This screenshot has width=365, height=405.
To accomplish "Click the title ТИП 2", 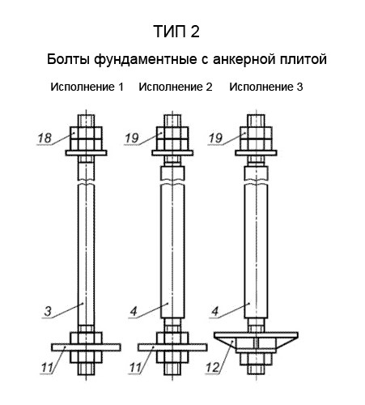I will pyautogui.click(x=175, y=32).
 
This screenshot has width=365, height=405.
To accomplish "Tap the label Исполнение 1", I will pyautogui.click(x=87, y=86).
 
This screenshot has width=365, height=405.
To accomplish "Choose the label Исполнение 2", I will pyautogui.click(x=176, y=86).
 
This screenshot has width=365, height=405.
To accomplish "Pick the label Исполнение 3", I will pyautogui.click(x=266, y=86).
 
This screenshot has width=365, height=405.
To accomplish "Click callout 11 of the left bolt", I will pyautogui.click(x=48, y=369).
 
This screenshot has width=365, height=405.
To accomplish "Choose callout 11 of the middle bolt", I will pyautogui.click(x=134, y=369).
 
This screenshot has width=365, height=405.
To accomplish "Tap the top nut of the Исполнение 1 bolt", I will pyautogui.click(x=85, y=134).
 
